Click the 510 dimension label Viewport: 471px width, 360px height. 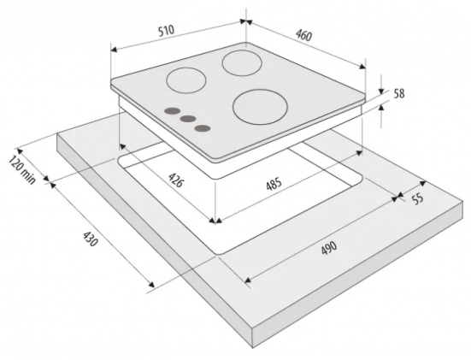(x=166, y=31)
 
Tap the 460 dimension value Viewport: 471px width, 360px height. (x=304, y=35)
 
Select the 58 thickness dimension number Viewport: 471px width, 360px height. (x=399, y=94)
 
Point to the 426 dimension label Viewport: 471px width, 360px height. (x=175, y=180)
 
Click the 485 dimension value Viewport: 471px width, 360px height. (x=274, y=184)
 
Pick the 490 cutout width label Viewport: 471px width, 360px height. (x=329, y=248)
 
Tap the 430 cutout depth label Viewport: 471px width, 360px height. (x=90, y=239)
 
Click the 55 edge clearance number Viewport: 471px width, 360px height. (x=417, y=199)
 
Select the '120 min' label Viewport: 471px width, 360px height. (x=22, y=169)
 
